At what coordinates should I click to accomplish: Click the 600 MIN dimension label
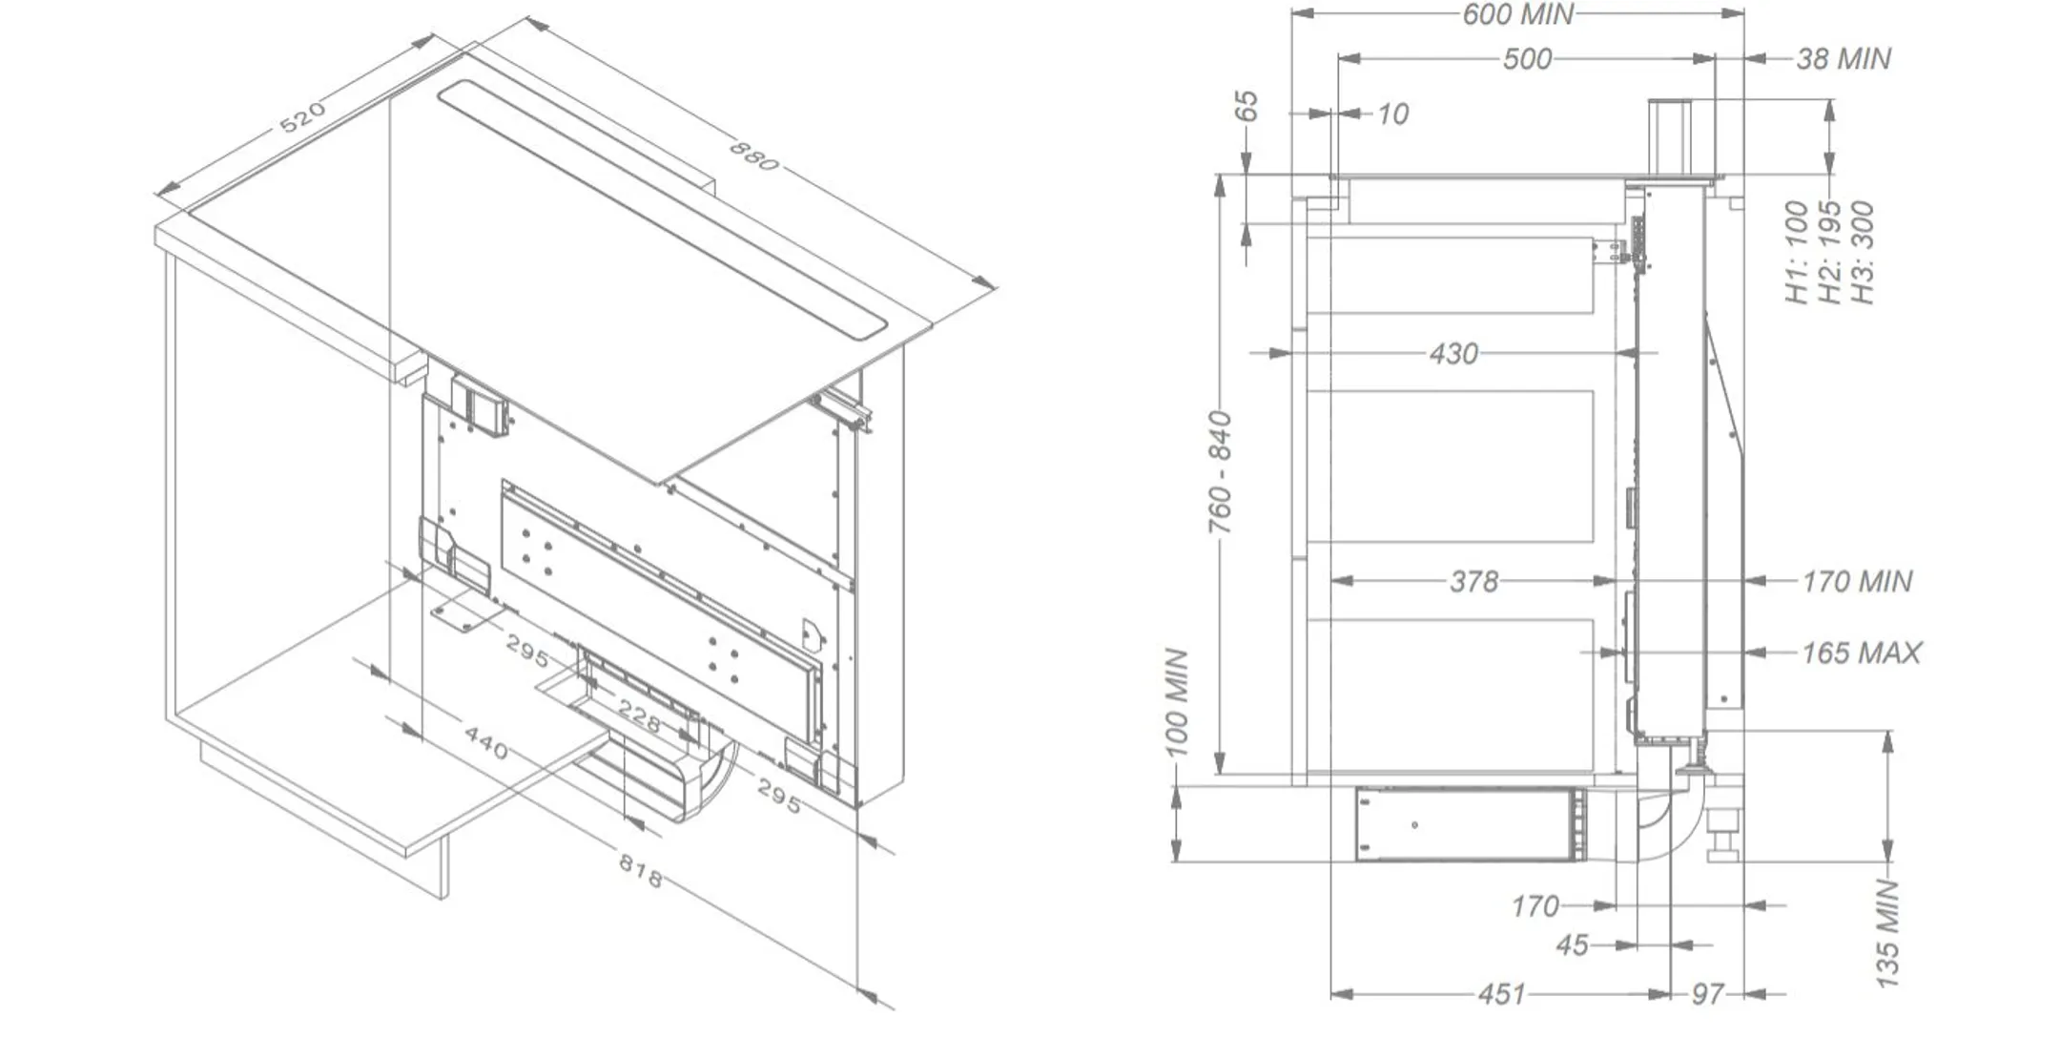click(1518, 13)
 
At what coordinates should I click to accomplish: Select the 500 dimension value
click(1527, 59)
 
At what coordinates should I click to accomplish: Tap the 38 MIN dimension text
click(1844, 59)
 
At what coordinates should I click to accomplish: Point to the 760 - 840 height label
click(1221, 472)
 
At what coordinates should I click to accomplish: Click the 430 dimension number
click(1453, 354)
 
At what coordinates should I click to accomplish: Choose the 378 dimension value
click(1473, 581)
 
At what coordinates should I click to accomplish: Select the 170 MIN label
click(1857, 581)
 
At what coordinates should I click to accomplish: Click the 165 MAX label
click(1861, 653)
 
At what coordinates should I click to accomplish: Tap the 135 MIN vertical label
click(1887, 934)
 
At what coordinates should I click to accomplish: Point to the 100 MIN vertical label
click(1178, 702)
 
